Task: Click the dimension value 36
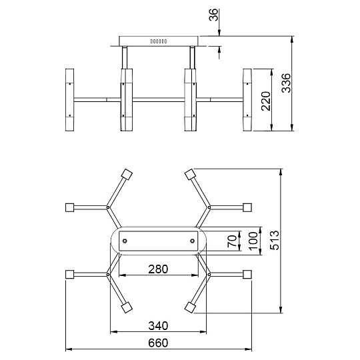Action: click(x=213, y=15)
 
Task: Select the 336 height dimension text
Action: click(x=286, y=83)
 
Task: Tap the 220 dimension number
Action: click(x=266, y=101)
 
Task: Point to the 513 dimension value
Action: click(x=275, y=240)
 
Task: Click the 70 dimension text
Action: click(x=232, y=241)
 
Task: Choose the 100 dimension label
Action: click(x=253, y=241)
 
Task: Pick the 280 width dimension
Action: click(x=158, y=269)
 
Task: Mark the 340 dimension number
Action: click(x=158, y=326)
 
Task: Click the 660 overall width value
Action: click(x=158, y=343)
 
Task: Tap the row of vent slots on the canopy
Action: click(x=159, y=41)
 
